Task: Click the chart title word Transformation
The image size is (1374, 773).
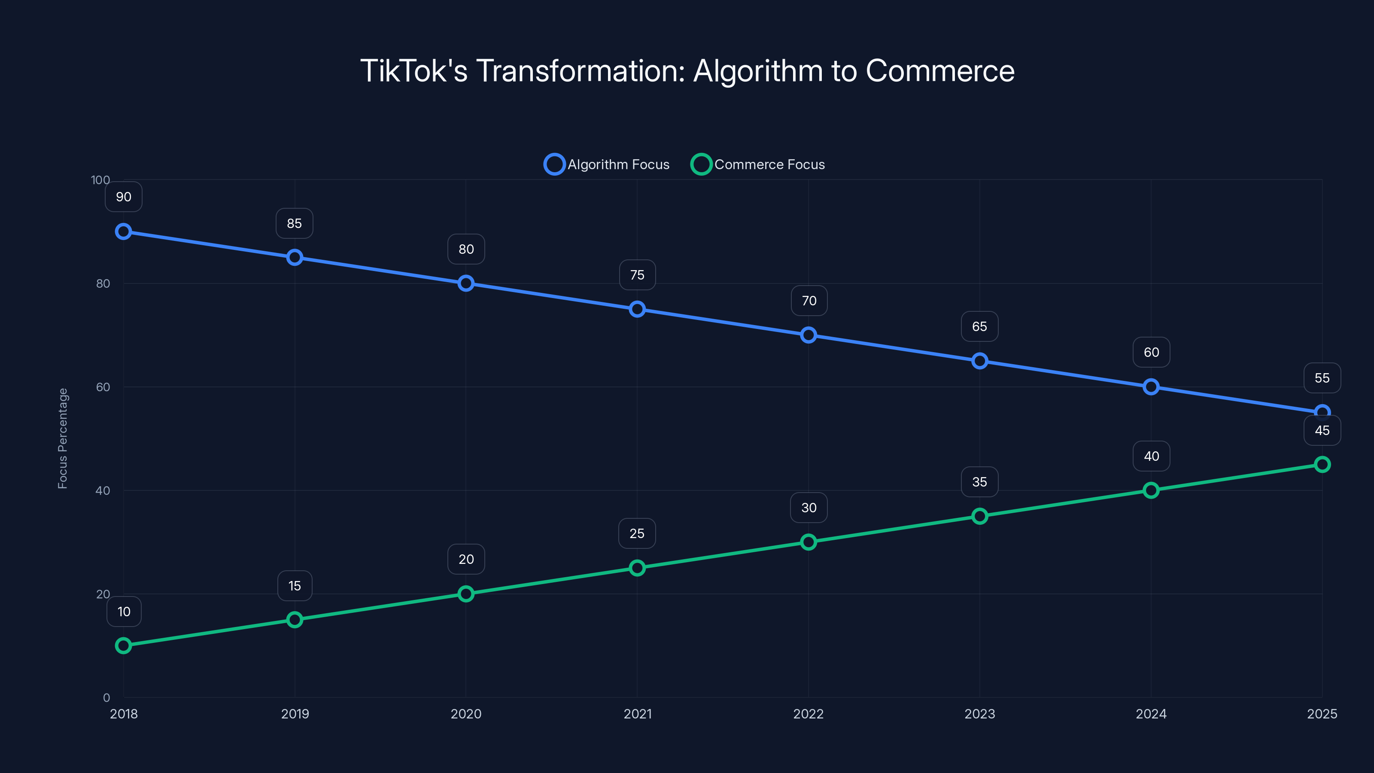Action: (580, 71)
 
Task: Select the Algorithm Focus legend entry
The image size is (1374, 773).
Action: (607, 164)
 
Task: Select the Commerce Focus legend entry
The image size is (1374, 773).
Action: (758, 164)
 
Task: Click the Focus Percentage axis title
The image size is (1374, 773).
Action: (63, 438)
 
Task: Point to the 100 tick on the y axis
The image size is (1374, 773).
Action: (100, 180)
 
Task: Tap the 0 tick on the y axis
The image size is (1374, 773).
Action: (106, 698)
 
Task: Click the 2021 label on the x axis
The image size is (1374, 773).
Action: (637, 714)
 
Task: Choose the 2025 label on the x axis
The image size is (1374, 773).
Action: (1322, 714)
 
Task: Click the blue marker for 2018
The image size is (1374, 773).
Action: (123, 231)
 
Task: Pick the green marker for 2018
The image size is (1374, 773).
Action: (123, 645)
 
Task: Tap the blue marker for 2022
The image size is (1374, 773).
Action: (809, 335)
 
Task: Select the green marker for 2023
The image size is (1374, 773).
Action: (980, 516)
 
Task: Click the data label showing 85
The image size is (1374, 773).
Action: (295, 223)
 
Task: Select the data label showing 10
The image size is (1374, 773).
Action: (124, 612)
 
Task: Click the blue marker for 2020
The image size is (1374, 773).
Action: (465, 283)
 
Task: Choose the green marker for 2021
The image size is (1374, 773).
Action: (637, 568)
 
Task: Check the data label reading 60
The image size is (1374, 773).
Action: (1151, 352)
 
